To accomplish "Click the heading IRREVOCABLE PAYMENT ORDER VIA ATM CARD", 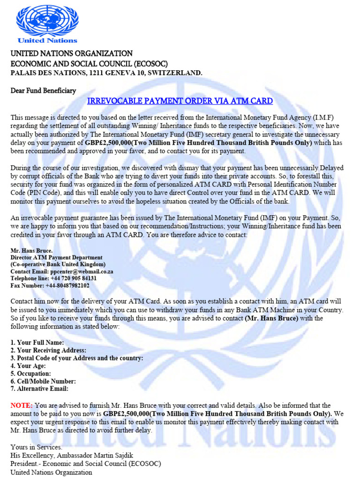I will (x=180, y=101).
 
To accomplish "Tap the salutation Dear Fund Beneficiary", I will (x=43, y=90).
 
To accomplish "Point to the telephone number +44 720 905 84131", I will (x=70, y=278).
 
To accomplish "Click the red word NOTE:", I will (x=22, y=405).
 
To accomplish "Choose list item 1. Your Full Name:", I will (x=37, y=343).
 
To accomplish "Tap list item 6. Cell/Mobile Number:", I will (x=43, y=381).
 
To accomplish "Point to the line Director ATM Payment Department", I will (x=56, y=258).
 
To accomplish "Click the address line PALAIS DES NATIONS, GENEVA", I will (x=106, y=73).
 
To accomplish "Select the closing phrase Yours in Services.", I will (x=36, y=447).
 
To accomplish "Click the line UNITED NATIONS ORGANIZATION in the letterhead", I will (x=71, y=53).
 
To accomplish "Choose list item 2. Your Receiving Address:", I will (x=48, y=350).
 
